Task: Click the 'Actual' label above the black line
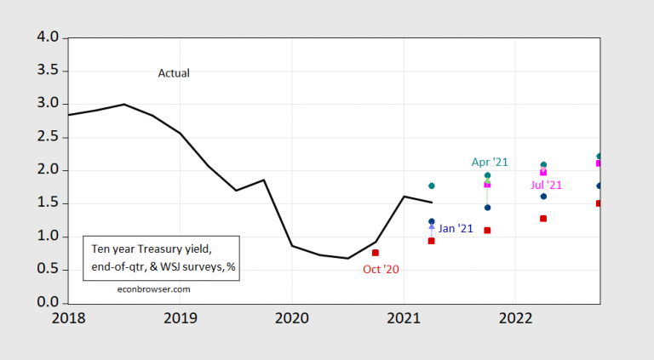point(174,73)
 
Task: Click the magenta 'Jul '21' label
point(546,184)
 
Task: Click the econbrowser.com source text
point(152,289)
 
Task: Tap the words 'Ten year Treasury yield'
point(151,249)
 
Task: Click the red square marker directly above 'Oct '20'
point(376,253)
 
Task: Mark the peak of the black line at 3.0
point(124,105)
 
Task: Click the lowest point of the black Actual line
point(347,258)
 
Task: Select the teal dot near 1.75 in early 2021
point(432,186)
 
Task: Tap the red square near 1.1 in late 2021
point(487,231)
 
